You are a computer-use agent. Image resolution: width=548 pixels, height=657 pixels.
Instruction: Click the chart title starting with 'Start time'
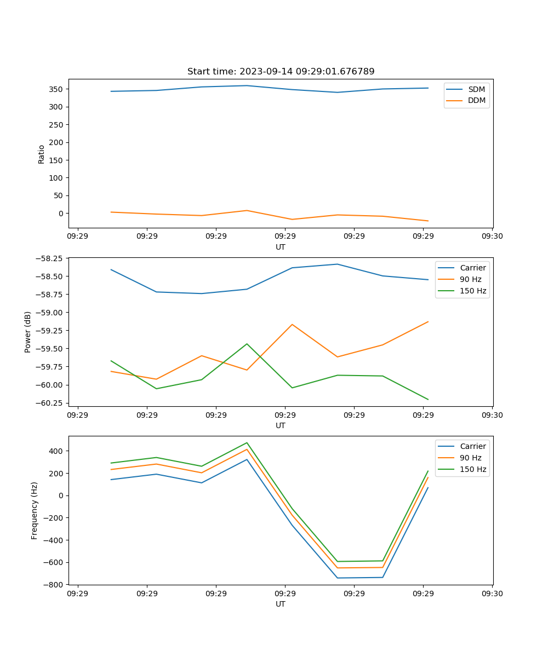(281, 72)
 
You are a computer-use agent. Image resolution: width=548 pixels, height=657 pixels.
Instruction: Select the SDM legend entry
(476, 89)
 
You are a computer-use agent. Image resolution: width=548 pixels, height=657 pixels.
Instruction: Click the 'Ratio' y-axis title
(41, 154)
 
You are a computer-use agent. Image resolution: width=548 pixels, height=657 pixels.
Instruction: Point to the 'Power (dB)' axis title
(28, 332)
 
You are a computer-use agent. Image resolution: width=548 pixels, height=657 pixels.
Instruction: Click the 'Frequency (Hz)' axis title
(35, 510)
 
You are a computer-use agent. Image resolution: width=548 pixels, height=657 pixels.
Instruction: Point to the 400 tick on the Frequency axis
(56, 451)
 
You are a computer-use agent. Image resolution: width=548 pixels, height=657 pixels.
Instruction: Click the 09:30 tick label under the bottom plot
(492, 593)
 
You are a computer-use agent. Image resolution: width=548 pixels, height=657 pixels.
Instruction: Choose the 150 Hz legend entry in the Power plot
(473, 291)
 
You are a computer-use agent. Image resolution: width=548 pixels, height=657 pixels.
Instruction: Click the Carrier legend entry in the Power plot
(472, 268)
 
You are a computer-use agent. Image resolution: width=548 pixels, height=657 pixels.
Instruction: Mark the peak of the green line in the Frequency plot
(247, 442)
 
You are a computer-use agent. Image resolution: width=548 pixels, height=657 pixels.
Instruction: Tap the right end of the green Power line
(428, 399)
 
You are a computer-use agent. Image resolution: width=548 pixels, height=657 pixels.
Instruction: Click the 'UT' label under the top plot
(281, 247)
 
